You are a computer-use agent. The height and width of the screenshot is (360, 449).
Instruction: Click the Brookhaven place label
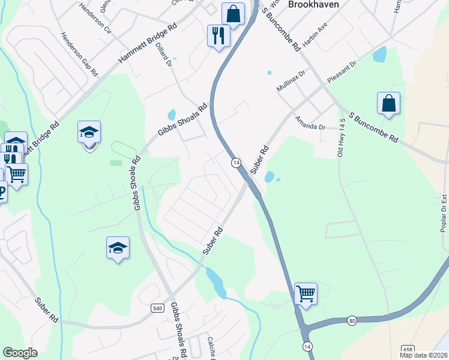coord(313,4)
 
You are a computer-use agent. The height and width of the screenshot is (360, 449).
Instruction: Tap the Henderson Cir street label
coord(95,19)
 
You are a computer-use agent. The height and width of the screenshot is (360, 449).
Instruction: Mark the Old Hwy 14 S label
coord(342,138)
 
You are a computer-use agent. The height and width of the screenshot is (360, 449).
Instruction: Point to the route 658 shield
coord(408,349)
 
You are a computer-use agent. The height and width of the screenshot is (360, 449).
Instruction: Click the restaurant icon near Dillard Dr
coord(218,35)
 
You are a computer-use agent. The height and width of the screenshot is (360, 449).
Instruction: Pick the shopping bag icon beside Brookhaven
coord(232,13)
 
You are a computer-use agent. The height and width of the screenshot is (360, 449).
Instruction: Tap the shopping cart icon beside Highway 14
coord(306,293)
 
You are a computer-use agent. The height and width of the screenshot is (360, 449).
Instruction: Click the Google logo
coord(20,353)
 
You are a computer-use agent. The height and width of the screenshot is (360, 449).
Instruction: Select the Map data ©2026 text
coord(423,355)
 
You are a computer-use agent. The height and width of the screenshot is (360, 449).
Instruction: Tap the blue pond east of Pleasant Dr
coord(379,55)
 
